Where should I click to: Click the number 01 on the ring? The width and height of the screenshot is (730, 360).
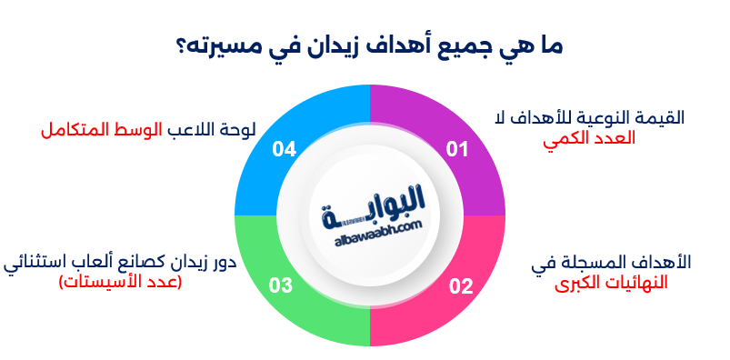click(x=456, y=149)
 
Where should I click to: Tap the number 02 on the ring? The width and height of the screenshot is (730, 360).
click(x=461, y=286)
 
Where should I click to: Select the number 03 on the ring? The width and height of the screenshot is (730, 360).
click(x=280, y=286)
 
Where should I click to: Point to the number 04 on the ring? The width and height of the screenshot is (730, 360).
click(x=285, y=149)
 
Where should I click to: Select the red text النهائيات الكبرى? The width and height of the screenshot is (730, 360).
click(x=612, y=282)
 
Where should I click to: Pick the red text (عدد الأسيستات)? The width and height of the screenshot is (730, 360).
click(x=120, y=282)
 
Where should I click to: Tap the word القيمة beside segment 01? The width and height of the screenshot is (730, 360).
click(x=661, y=118)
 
